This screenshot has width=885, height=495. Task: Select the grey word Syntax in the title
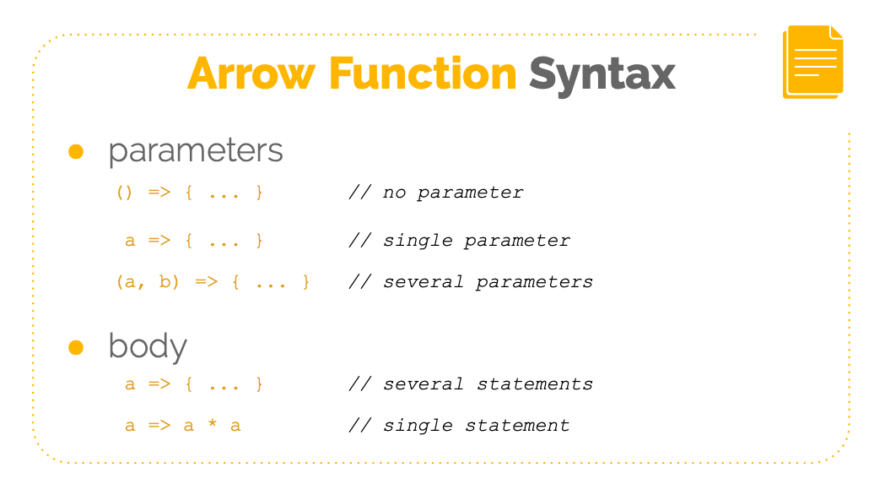tap(602, 76)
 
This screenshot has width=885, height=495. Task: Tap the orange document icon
tap(812, 62)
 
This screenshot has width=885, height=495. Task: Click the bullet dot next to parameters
tap(76, 151)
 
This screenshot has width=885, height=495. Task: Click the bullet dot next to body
tap(76, 346)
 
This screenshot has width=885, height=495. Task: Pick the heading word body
tap(148, 347)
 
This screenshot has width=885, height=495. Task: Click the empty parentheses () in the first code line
tap(124, 193)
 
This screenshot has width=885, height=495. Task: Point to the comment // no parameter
tap(436, 193)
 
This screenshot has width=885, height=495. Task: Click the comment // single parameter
tap(460, 241)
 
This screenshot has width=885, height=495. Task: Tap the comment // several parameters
tap(471, 282)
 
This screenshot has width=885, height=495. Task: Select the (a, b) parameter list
tap(148, 282)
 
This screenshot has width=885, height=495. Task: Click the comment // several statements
tap(471, 384)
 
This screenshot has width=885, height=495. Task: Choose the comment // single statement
tap(460, 426)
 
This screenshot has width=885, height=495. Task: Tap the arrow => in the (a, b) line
tap(206, 282)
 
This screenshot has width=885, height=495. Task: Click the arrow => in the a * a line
tap(159, 426)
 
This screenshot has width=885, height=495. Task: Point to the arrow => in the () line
tap(159, 193)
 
